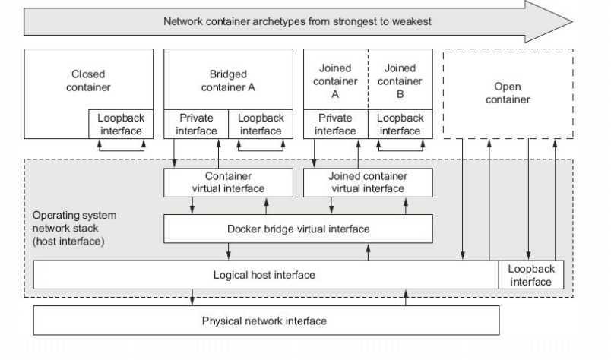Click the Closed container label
(x=88, y=81)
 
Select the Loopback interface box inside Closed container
(x=121, y=125)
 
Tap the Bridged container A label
(x=228, y=81)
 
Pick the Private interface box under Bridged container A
(x=196, y=125)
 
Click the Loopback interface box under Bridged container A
(x=261, y=125)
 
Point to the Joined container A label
(x=335, y=81)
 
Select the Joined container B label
(x=400, y=81)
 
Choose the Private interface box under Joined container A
(x=335, y=125)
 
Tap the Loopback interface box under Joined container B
(x=400, y=125)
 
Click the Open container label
(x=508, y=93)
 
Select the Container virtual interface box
(x=228, y=183)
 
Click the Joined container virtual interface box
(x=368, y=183)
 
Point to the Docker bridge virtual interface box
(x=298, y=229)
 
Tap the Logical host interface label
(x=264, y=275)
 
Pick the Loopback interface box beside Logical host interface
(x=531, y=275)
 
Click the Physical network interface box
(x=266, y=321)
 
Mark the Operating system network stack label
(x=74, y=229)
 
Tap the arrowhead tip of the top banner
(x=573, y=21)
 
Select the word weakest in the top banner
(x=411, y=21)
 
